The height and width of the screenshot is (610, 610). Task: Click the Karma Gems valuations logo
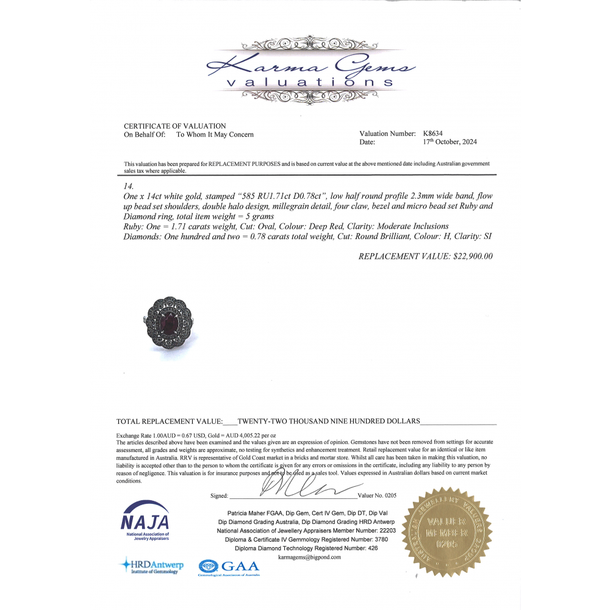coord(311,72)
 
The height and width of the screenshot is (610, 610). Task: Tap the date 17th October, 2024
coord(450,142)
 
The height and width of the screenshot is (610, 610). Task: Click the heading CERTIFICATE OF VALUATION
coord(175,126)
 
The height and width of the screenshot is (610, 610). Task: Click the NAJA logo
coord(145,520)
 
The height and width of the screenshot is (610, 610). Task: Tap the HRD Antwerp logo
coord(151,566)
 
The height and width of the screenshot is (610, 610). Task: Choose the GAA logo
coord(230,568)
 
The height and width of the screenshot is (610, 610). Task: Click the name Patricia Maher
coord(248,514)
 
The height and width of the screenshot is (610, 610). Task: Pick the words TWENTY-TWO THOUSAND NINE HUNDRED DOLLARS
coord(328,422)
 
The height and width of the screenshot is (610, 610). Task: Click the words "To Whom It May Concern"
coord(215,134)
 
